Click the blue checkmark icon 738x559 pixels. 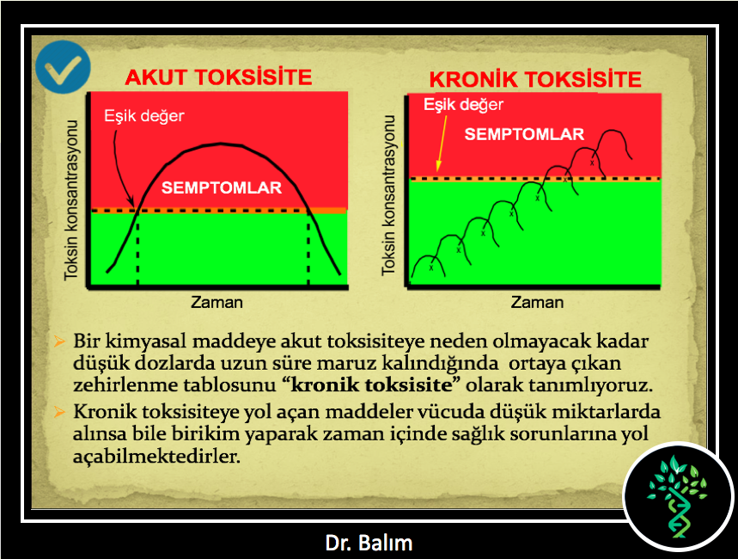click(63, 66)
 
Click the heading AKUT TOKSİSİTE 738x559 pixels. click(218, 77)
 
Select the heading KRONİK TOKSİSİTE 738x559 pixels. click(535, 79)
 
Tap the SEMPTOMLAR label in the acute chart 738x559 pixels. click(222, 187)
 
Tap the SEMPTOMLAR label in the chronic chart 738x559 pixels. click(524, 134)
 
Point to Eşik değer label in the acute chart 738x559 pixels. click(144, 116)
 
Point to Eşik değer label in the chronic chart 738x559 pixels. click(464, 104)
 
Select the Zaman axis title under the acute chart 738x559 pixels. click(217, 302)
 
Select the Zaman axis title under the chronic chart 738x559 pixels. click(537, 302)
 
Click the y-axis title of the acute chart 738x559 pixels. click(71, 200)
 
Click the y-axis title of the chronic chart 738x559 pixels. click(389, 195)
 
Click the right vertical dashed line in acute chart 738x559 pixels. click(308, 248)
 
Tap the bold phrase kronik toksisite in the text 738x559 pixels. click(371, 385)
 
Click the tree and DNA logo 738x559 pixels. click(678, 496)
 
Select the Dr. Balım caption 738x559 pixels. click(369, 543)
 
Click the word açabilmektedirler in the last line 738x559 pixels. click(156, 456)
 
